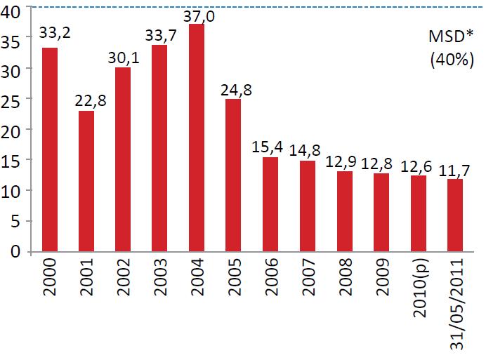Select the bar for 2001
pyautogui.click(x=86, y=181)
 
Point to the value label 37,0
pyautogui.click(x=197, y=14)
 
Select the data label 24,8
pyautogui.click(x=233, y=89)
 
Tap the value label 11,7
pyautogui.click(x=454, y=168)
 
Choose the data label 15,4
pyautogui.click(x=270, y=147)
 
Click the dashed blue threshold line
pyautogui.click(x=316, y=7)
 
